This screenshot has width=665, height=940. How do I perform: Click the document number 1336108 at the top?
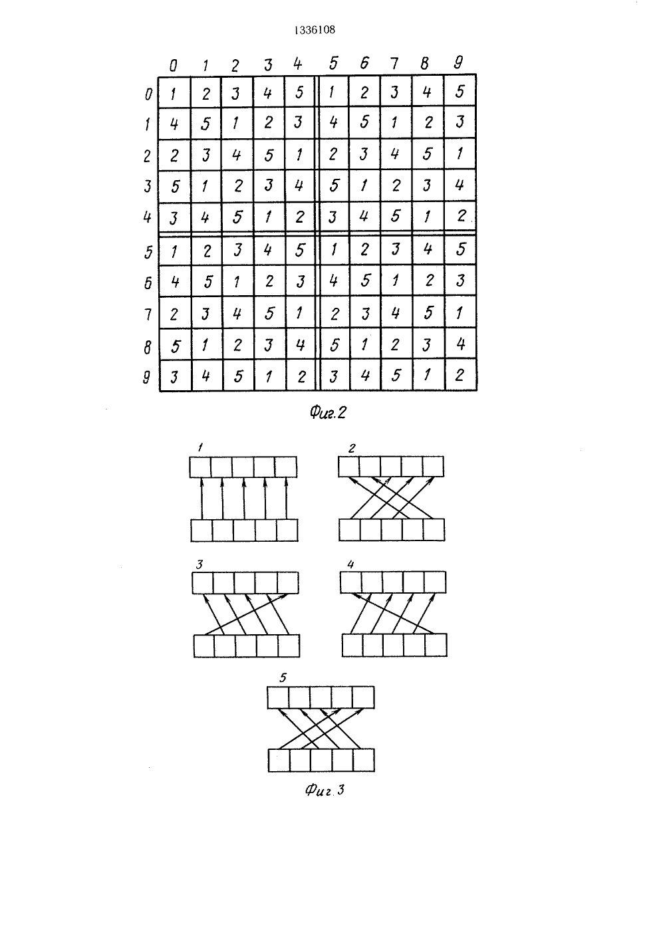(x=315, y=30)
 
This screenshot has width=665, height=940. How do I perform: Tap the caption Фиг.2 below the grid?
(x=328, y=413)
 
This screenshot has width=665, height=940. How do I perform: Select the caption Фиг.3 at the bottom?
(x=325, y=790)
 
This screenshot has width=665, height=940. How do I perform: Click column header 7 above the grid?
(x=394, y=63)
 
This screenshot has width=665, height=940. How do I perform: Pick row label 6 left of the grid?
(x=148, y=283)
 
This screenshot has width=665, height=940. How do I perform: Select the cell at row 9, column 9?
(x=461, y=375)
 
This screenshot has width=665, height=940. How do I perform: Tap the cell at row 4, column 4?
(x=299, y=217)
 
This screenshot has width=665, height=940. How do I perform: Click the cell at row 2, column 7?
(x=396, y=154)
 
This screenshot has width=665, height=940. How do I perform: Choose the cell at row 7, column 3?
(x=269, y=313)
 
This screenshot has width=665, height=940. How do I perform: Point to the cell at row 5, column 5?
(x=334, y=250)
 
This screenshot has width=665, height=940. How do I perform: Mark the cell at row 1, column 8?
(x=428, y=122)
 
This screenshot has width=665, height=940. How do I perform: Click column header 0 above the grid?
(x=173, y=65)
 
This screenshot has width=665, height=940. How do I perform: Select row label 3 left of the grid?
(x=148, y=186)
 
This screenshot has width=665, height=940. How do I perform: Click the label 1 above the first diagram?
(x=200, y=448)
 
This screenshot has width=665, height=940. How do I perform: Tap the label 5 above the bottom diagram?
(x=283, y=677)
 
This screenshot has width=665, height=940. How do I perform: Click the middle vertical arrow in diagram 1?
(x=244, y=499)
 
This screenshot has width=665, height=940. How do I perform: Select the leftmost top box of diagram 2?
(x=349, y=467)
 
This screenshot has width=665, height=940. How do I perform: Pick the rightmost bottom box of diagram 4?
(x=436, y=646)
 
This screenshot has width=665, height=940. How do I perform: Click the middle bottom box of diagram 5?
(x=321, y=760)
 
